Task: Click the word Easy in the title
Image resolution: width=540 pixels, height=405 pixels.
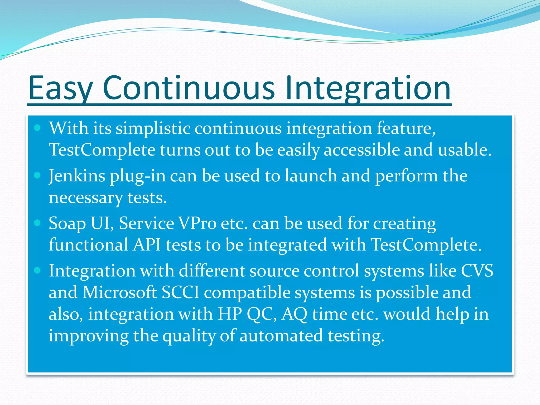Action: [61, 88]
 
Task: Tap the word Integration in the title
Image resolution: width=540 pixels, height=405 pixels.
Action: [368, 88]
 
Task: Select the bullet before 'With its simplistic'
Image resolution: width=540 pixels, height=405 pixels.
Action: [37, 128]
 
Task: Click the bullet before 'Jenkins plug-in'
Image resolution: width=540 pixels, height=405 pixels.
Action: [37, 175]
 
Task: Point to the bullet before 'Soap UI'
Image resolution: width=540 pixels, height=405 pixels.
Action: [37, 223]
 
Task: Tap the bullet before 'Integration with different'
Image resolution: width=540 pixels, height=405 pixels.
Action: [37, 271]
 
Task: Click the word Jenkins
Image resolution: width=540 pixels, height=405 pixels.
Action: [77, 176]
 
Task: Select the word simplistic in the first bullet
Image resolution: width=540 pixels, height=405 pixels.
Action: [153, 129]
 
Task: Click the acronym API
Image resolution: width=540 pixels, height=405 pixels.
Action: [147, 245]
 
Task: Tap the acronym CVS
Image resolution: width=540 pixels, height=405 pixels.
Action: [477, 271]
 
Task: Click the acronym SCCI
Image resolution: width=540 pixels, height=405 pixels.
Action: [180, 292]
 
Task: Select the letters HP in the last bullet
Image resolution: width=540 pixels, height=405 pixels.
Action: [229, 314]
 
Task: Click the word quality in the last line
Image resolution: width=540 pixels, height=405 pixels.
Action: [189, 336]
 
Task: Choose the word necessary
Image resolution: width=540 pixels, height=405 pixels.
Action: [86, 198]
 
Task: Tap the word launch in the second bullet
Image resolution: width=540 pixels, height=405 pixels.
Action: [311, 176]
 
